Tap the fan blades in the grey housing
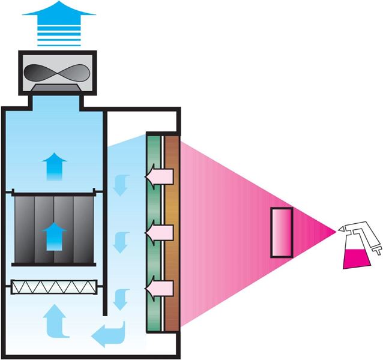point(58,71)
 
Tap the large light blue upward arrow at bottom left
point(54,319)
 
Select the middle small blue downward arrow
point(122,242)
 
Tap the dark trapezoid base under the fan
point(58,89)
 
